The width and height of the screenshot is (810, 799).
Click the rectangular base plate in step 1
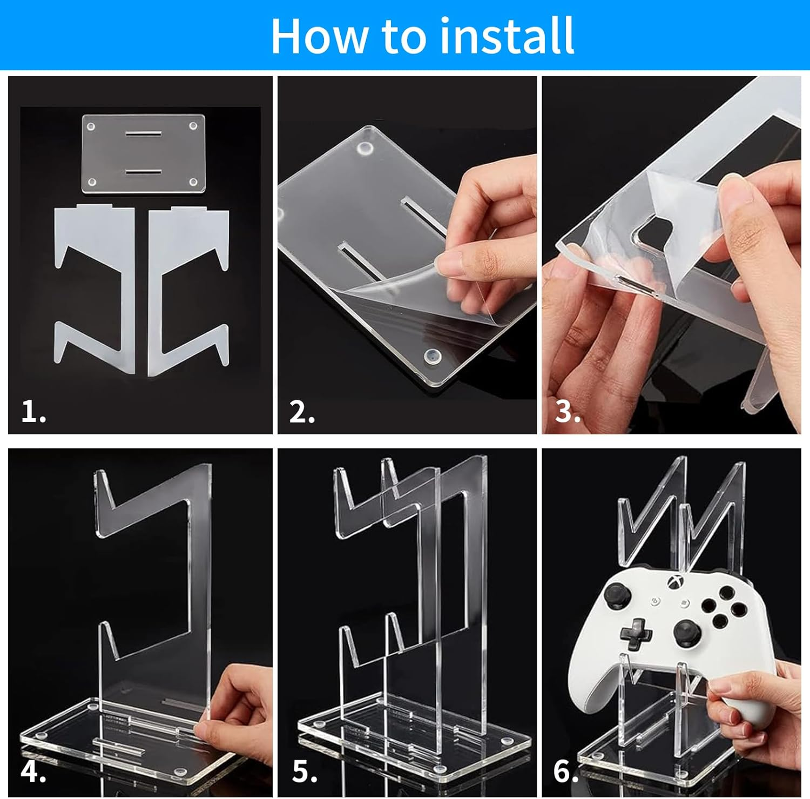[144, 153]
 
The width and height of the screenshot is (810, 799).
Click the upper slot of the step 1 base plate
[144, 133]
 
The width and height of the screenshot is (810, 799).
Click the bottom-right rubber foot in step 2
[432, 355]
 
